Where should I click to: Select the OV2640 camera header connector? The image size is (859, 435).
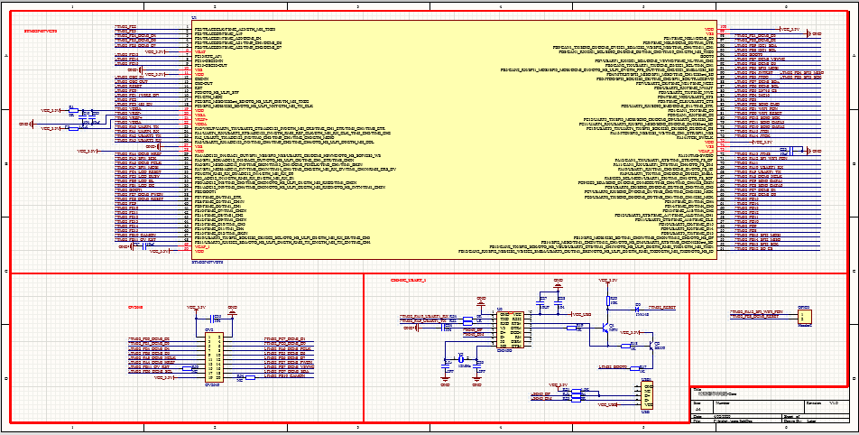click(x=214, y=355)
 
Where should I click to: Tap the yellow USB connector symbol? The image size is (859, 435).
click(x=647, y=396)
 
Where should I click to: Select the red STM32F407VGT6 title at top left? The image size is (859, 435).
click(x=40, y=30)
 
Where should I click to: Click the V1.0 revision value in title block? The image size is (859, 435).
click(x=835, y=401)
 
